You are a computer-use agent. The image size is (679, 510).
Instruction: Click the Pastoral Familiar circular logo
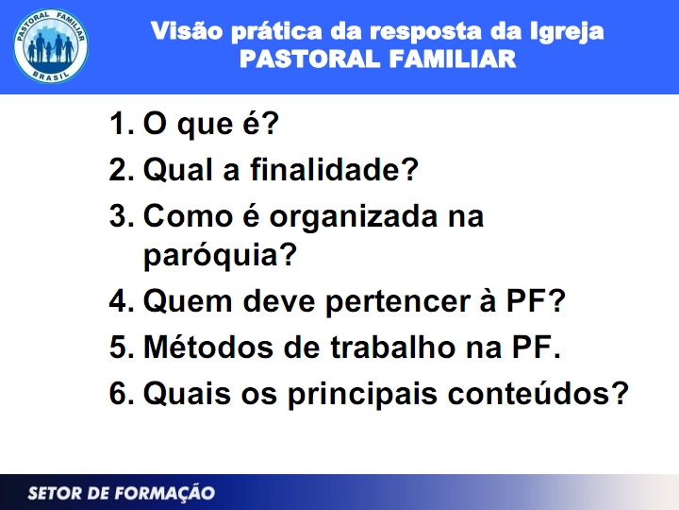click(51, 46)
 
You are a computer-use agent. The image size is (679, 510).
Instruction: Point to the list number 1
click(121, 126)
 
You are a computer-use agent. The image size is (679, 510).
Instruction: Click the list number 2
click(121, 171)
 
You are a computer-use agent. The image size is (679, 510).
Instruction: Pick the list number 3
click(121, 216)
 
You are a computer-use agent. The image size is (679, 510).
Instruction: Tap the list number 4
click(121, 302)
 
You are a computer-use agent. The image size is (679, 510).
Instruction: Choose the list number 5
click(121, 348)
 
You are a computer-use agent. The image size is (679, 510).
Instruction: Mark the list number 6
click(121, 393)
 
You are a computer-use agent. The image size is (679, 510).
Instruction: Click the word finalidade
click(334, 171)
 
